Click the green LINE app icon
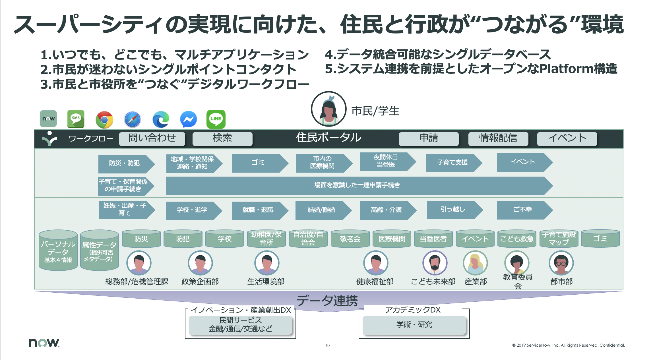coord(216,119)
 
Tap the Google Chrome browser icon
coord(104,120)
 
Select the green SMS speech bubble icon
coord(76,119)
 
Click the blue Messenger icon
coord(189,119)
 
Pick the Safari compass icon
coord(133,119)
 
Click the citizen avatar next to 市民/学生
coord(329,109)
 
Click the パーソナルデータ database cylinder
coord(58,250)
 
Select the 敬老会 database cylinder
coord(350,239)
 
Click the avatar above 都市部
coord(561,263)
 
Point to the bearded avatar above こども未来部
coord(435,263)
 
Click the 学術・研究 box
coord(414,325)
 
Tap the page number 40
coord(327,345)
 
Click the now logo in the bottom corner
coord(44,342)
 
